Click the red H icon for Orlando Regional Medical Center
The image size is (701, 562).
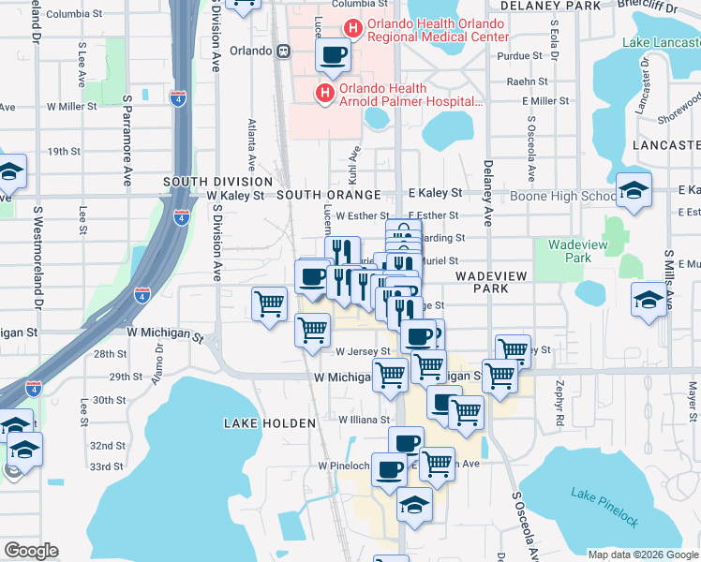click(352, 29)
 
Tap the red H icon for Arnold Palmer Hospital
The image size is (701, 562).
click(325, 93)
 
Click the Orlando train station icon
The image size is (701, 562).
click(280, 52)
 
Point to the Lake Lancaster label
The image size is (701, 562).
click(661, 43)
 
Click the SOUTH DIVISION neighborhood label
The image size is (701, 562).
click(217, 181)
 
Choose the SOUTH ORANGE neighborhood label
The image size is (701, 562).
click(328, 195)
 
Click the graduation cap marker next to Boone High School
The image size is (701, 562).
click(634, 192)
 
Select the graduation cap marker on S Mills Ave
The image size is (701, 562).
click(648, 302)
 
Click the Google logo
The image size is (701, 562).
click(31, 550)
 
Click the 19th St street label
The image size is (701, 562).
click(65, 151)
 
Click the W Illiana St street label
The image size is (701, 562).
click(364, 421)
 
